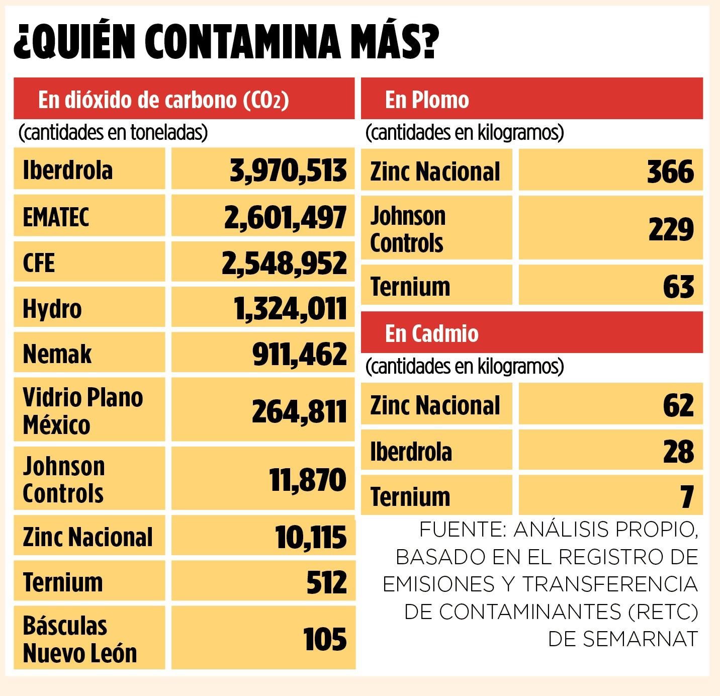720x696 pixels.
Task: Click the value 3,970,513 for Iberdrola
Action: point(288,170)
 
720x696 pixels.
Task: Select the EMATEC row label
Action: point(56,217)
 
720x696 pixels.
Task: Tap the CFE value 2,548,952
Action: point(285,263)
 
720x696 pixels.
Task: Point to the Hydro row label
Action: point(52,308)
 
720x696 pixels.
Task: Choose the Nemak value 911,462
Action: point(300,354)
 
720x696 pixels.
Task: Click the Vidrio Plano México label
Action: point(83,410)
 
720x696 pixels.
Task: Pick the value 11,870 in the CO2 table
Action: point(308,479)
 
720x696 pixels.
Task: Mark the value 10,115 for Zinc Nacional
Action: point(311,537)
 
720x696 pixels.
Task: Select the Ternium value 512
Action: point(326,582)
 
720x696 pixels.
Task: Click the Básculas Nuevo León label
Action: point(80,639)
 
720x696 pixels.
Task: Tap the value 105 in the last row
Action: point(325,639)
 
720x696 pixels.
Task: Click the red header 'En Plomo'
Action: point(427,100)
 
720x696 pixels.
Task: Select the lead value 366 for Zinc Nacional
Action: point(670,171)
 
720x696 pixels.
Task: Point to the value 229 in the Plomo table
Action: point(671,229)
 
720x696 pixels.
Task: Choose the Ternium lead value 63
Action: point(678,287)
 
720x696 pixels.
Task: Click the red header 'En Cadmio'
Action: point(431,333)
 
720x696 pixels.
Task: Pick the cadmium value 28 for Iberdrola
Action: point(678,451)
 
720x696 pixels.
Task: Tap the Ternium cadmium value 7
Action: point(687,497)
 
